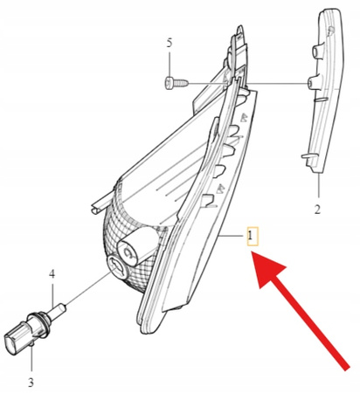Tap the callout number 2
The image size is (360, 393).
click(x=317, y=210)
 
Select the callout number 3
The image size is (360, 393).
click(x=31, y=383)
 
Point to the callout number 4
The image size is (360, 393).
click(x=52, y=273)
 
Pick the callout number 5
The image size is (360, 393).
click(x=170, y=43)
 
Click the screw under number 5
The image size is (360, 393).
click(x=177, y=83)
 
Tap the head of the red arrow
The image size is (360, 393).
click(x=268, y=268)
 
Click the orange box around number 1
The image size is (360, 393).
click(x=253, y=236)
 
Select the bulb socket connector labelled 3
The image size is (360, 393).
click(x=26, y=333)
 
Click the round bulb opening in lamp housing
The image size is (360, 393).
click(x=117, y=268)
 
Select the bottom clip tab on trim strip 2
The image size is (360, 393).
click(x=307, y=157)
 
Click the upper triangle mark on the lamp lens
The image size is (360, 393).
click(x=243, y=117)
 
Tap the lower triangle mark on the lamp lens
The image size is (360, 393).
click(x=221, y=189)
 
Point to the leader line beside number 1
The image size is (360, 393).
click(x=232, y=236)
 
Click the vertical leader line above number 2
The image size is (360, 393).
click(x=319, y=186)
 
